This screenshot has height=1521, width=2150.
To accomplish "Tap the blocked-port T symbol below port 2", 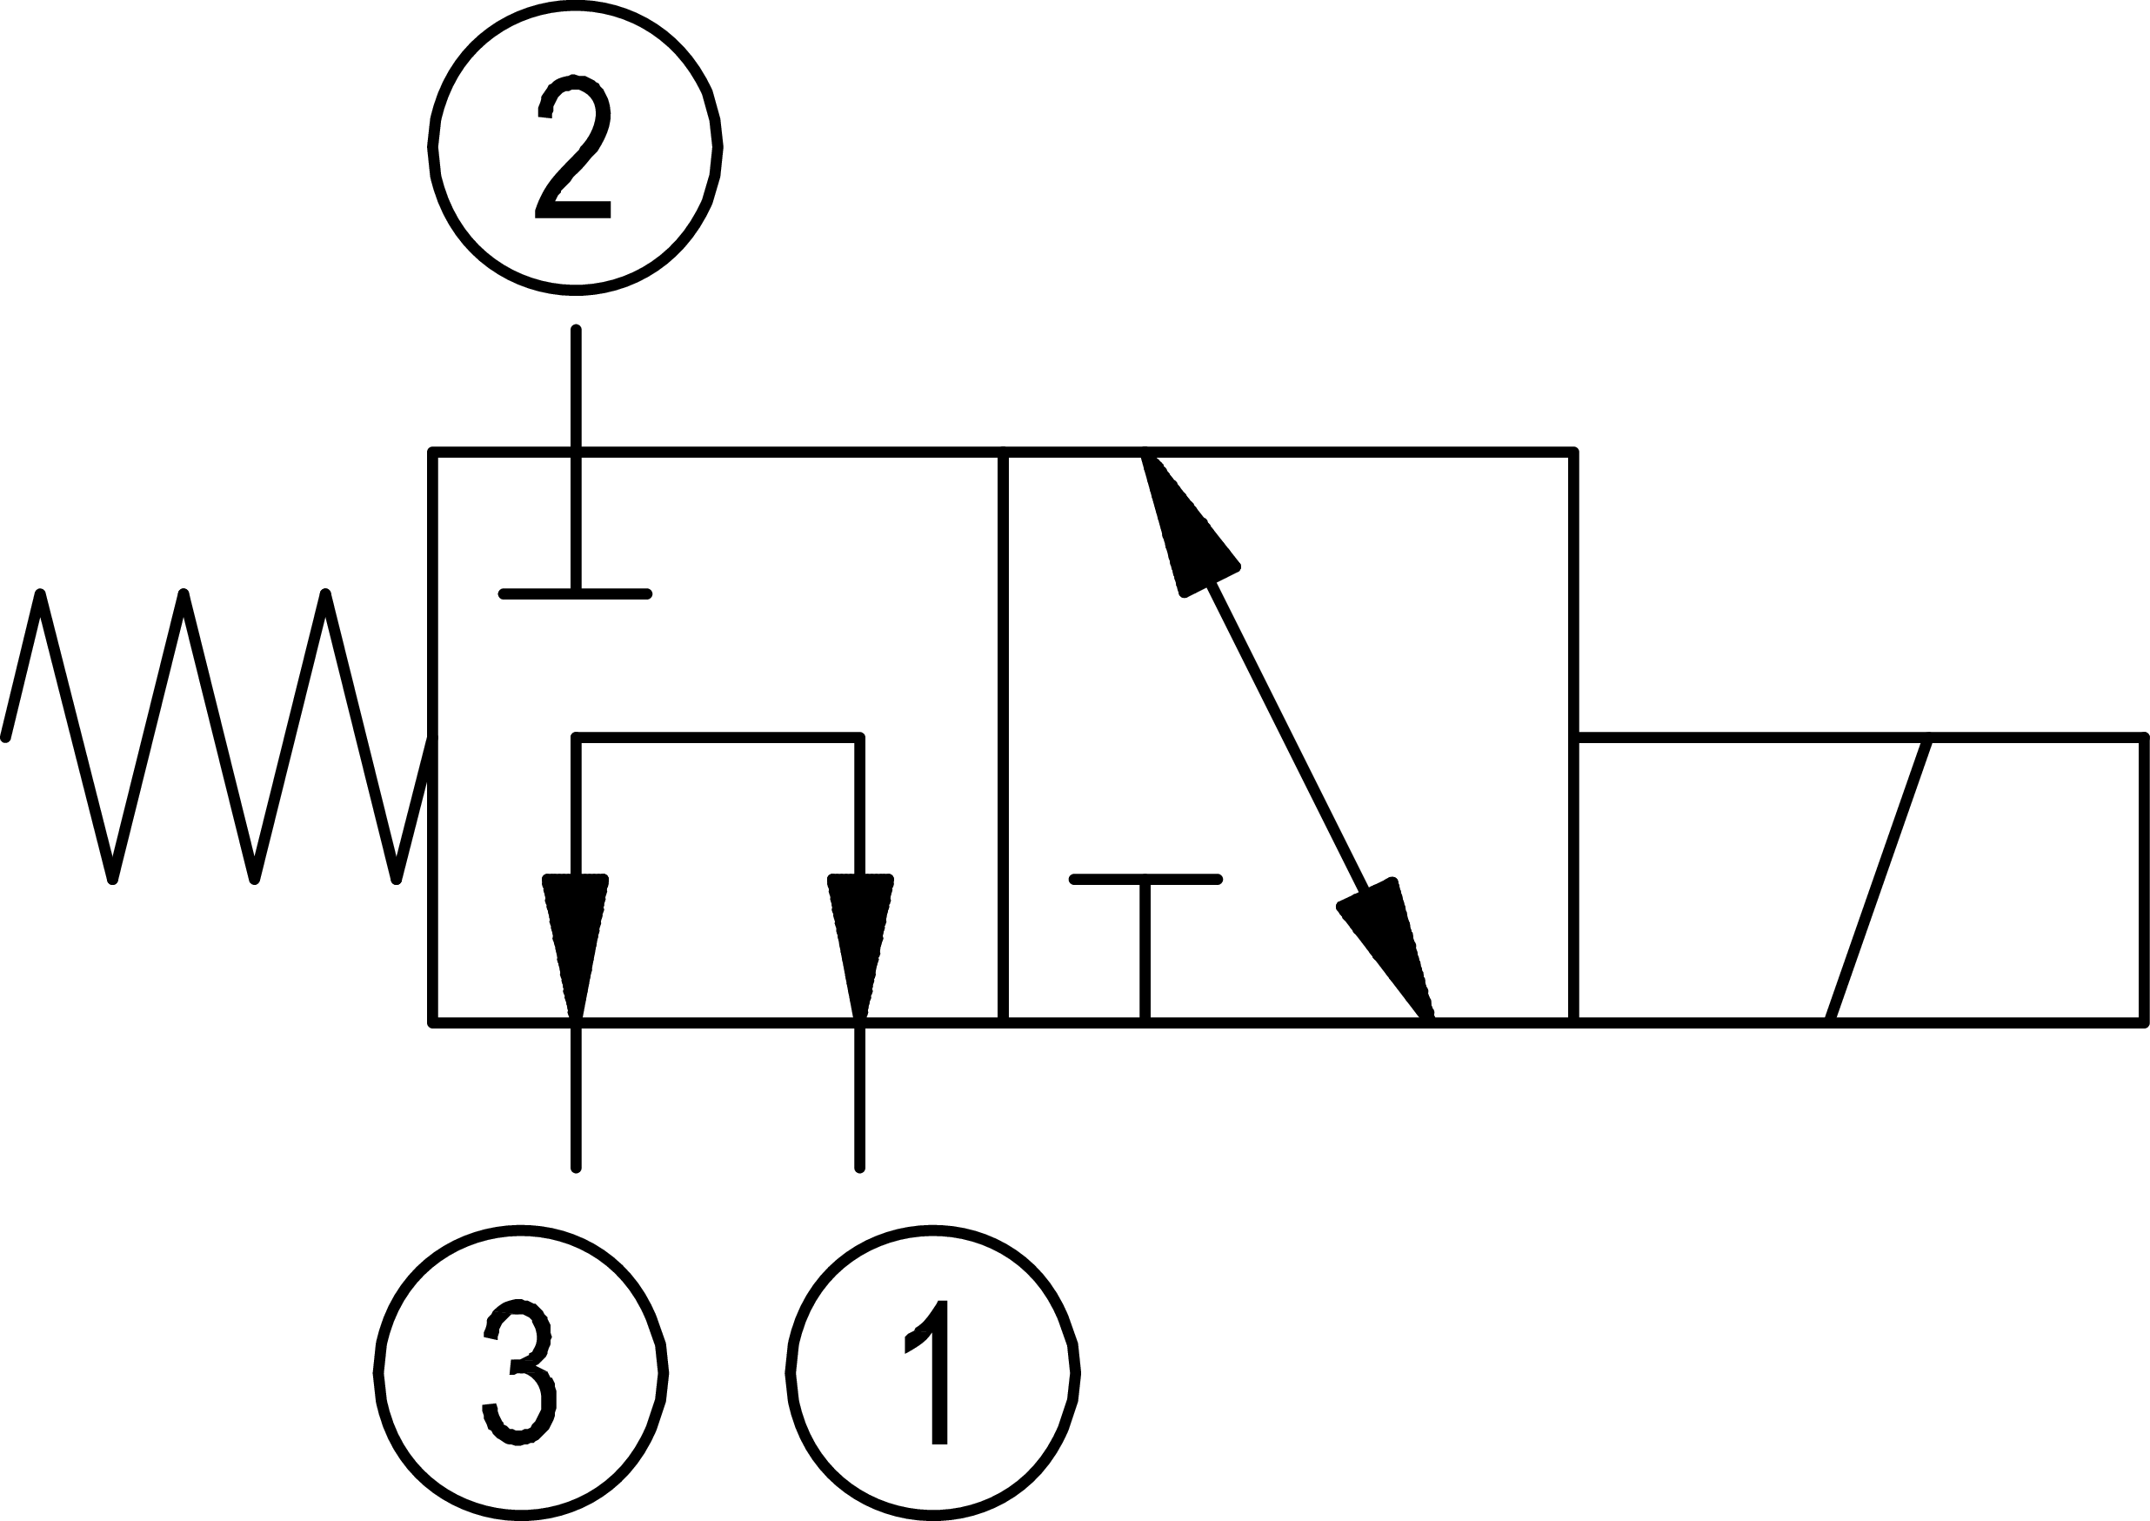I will click(x=575, y=593).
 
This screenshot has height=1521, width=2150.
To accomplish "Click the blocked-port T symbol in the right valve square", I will click(x=1145, y=881).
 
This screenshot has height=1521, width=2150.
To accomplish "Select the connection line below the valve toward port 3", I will click(x=576, y=1096).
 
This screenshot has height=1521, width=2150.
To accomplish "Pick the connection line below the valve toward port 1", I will click(x=859, y=1096).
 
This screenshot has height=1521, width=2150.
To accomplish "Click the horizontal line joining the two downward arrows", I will click(x=718, y=738).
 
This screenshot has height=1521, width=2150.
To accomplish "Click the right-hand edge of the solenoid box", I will click(x=2145, y=881).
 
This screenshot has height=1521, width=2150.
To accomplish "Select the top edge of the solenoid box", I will click(x=1859, y=738).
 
